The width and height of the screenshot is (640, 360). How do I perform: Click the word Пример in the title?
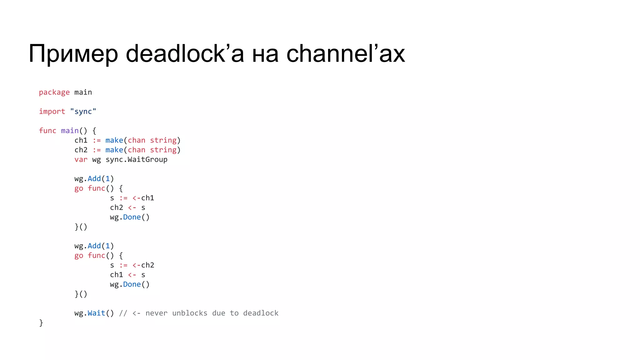pyautogui.click(x=73, y=54)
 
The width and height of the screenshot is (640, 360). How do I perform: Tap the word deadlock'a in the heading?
pyautogui.click(x=185, y=54)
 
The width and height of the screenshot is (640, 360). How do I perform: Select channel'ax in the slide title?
pyautogui.click(x=346, y=54)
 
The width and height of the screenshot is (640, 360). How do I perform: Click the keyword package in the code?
pyautogui.click(x=54, y=92)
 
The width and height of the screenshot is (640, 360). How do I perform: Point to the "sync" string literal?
pyautogui.click(x=83, y=112)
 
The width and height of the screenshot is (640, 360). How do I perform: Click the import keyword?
pyautogui.click(x=52, y=112)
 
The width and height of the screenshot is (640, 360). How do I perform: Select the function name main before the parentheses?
pyautogui.click(x=70, y=131)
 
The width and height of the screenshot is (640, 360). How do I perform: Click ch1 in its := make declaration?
pyautogui.click(x=81, y=140)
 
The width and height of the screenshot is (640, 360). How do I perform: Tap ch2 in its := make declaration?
pyautogui.click(x=81, y=150)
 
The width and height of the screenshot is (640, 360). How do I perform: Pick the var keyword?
pyautogui.click(x=81, y=160)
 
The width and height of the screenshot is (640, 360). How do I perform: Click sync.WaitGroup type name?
pyautogui.click(x=136, y=160)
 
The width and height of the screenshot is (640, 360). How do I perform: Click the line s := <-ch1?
pyautogui.click(x=132, y=198)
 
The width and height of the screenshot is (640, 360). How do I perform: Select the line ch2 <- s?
pyautogui.click(x=127, y=208)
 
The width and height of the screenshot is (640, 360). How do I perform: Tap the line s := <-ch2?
pyautogui.click(x=132, y=265)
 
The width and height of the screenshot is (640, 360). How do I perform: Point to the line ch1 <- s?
pyautogui.click(x=127, y=275)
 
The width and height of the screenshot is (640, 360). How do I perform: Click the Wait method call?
pyautogui.click(x=96, y=313)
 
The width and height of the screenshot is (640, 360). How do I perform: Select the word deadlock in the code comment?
pyautogui.click(x=261, y=313)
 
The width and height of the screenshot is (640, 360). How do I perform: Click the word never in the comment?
pyautogui.click(x=156, y=313)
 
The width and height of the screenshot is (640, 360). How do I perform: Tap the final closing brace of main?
pyautogui.click(x=41, y=323)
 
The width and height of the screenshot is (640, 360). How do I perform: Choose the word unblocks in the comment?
pyautogui.click(x=190, y=313)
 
